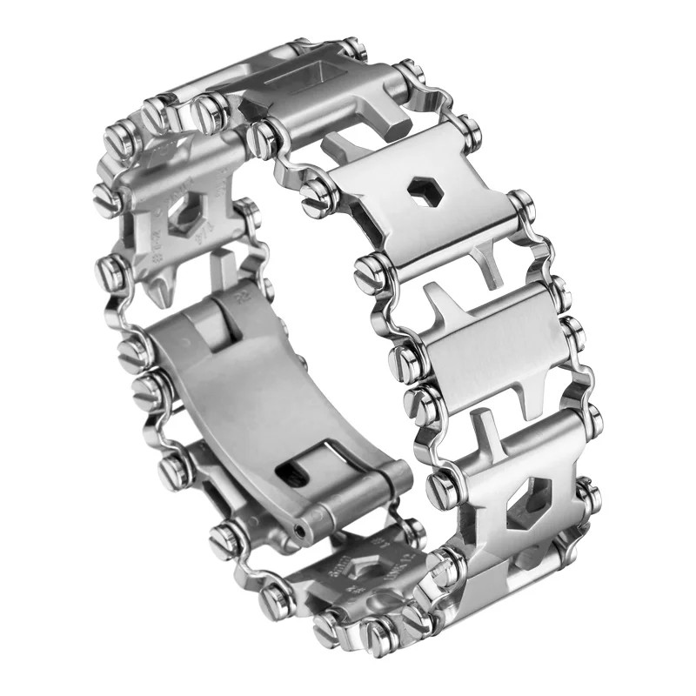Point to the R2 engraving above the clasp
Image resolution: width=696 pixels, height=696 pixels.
(240, 298)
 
